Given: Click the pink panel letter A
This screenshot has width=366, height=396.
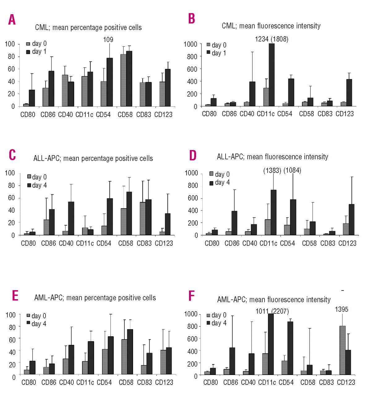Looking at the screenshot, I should point(12,19).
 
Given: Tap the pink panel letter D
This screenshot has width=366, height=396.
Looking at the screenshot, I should point(192,155).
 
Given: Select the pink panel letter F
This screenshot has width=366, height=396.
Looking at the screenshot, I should point(192,296).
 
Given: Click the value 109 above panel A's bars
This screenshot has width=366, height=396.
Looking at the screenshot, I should point(108,40).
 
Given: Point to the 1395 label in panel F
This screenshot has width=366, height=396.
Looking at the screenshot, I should point(341,309).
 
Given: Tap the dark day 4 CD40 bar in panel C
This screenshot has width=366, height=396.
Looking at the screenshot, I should point(71,218).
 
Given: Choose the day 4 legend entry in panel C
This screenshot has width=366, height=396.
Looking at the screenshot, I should point(37,185).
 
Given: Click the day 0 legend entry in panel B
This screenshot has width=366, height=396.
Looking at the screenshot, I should point(216,45).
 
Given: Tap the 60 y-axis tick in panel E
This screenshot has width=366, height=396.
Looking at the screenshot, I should point(12,340).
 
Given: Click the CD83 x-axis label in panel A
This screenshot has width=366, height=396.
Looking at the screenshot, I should point(144,115).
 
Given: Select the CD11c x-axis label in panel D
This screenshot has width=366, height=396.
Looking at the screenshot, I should point(268,243).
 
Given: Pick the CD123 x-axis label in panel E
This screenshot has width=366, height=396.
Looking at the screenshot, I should point(164,382).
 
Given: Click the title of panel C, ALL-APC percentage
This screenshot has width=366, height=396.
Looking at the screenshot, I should point(93,158).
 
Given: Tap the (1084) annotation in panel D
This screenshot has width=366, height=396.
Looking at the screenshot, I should point(292,170).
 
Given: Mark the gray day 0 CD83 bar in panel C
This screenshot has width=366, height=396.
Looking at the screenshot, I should point(143,219).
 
